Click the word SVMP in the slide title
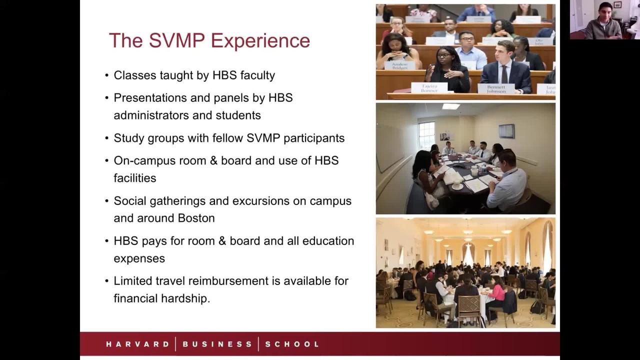pos(176,40)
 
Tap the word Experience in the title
pos(260,41)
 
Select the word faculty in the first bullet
pos(257,75)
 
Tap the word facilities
pos(135,178)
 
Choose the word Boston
pos(196,218)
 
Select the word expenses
pos(139,259)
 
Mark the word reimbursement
pos(228,281)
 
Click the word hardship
pos(185,298)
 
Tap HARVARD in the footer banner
pos(137,344)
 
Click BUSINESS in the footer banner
pos(217,344)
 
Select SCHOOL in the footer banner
pos(292,344)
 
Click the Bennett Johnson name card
pos(496,89)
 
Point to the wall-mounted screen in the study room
pos(506,131)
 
